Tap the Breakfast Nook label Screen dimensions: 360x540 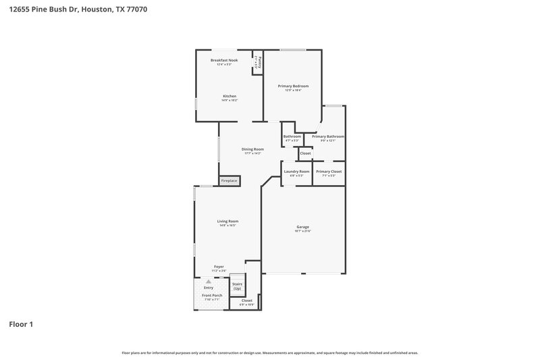click(x=224, y=60)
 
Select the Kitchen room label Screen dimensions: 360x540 click(x=230, y=96)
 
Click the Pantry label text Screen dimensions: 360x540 click(x=259, y=62)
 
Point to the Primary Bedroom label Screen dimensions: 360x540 click(x=294, y=86)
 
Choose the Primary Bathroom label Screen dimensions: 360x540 click(x=328, y=136)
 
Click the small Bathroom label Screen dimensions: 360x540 click(x=292, y=136)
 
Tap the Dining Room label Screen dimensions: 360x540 click(x=253, y=149)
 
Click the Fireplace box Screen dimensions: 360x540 click(x=230, y=181)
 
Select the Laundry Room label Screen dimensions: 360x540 click(x=296, y=172)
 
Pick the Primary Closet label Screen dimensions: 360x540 click(x=329, y=172)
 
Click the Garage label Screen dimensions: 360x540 click(x=302, y=226)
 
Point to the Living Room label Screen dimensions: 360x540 click(x=227, y=221)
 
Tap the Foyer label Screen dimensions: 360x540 click(x=219, y=267)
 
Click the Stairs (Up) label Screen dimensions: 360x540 click(x=237, y=286)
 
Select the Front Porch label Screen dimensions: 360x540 click(x=212, y=295)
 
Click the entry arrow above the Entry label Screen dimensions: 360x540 click(x=209, y=281)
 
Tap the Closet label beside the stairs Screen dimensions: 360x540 click(x=247, y=301)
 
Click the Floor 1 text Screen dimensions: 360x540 click(x=21, y=324)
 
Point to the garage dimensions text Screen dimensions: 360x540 click(x=302, y=231)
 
